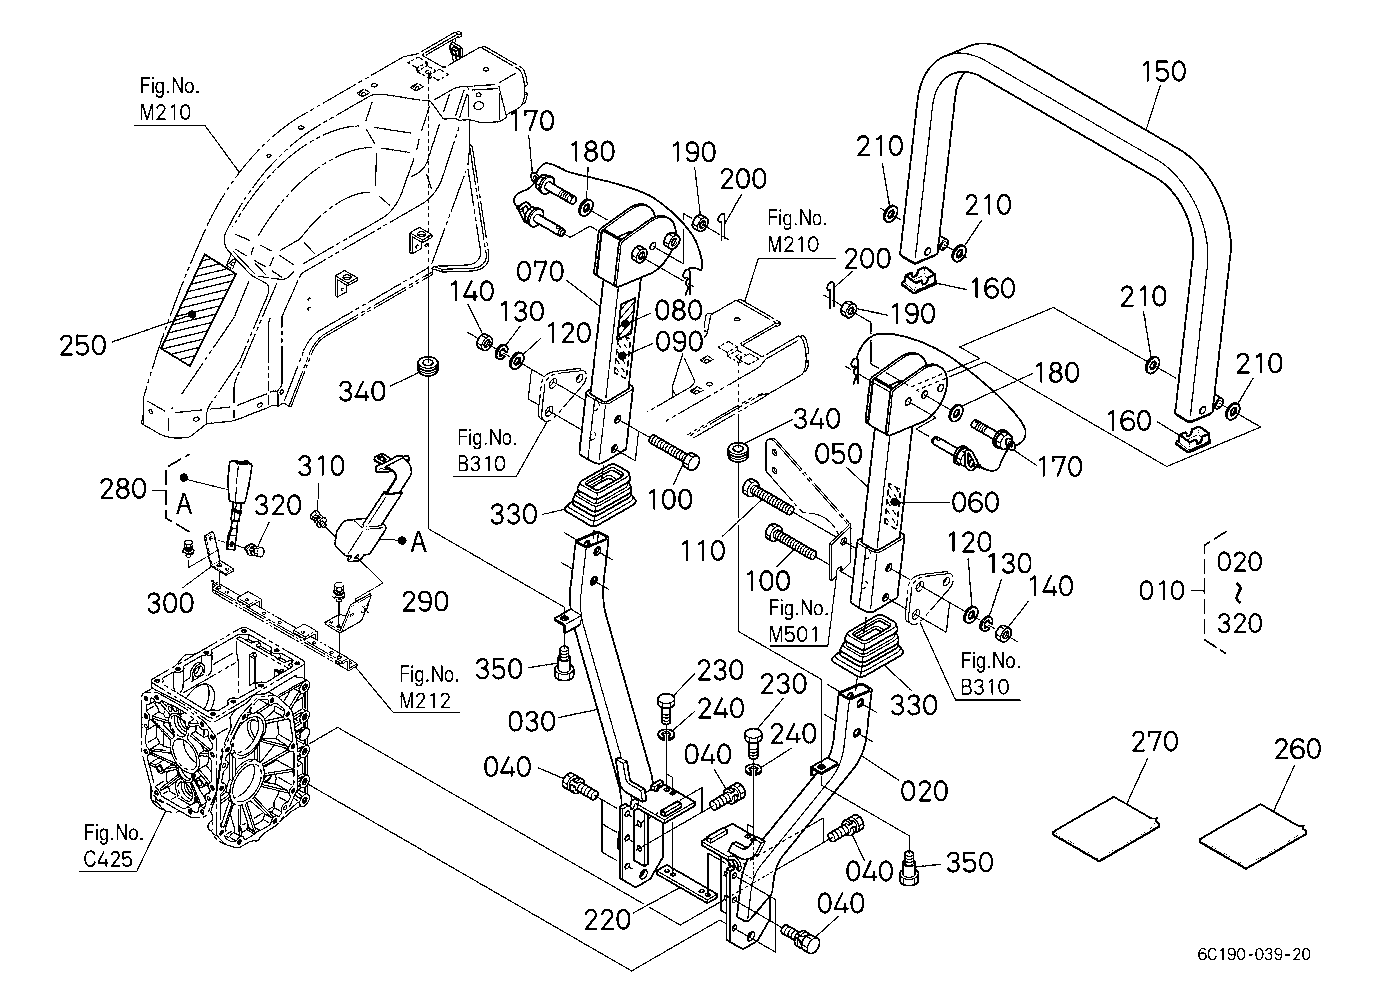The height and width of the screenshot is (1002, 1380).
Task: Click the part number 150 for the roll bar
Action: tap(1163, 71)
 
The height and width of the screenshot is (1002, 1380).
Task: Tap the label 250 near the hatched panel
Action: tap(83, 345)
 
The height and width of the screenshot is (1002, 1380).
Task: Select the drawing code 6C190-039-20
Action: tap(1254, 955)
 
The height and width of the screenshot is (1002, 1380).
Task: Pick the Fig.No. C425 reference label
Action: tap(112, 845)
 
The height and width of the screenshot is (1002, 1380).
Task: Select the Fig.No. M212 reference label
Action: tap(428, 687)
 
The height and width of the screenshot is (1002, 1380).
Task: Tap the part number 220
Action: tap(607, 920)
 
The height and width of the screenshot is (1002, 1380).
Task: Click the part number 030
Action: tap(532, 721)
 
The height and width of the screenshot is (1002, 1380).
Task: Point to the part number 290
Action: tap(425, 601)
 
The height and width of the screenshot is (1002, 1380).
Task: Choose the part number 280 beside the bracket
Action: tap(123, 489)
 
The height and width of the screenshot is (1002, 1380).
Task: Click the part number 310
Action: tap(321, 466)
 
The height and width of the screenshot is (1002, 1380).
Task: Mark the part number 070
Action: tap(540, 272)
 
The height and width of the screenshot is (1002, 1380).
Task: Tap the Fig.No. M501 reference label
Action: tap(797, 621)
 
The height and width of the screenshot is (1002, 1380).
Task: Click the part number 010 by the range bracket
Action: tap(1162, 591)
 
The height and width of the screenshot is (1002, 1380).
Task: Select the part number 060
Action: tap(975, 502)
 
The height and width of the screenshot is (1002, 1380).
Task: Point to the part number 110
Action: tap(703, 550)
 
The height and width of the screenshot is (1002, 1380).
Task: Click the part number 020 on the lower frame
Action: tap(924, 791)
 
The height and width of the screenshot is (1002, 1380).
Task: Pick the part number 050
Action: tap(838, 454)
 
